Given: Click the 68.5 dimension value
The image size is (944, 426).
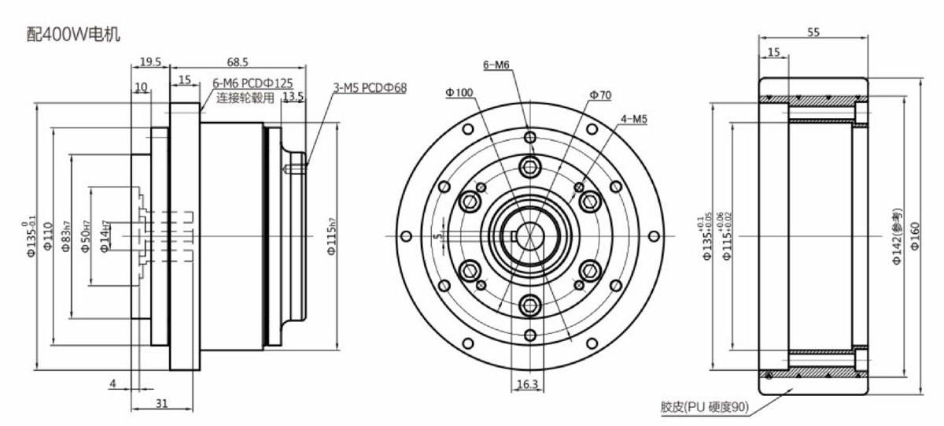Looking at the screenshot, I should point(236,61).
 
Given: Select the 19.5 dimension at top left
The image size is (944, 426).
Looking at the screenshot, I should point(150,61).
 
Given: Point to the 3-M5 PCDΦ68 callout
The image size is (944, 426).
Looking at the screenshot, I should point(370,88).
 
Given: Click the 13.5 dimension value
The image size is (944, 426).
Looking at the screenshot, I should point(293,97).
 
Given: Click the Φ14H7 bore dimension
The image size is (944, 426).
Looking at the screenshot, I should point(105,235).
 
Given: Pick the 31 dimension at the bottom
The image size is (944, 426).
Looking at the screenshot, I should point(161,402).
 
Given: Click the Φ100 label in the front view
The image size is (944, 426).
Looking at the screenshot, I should point(459,92).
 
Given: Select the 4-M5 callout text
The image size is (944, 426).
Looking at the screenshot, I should point(633,119).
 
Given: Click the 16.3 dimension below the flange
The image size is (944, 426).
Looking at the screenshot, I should point(527,384).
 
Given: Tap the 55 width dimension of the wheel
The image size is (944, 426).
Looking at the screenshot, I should point(814,32).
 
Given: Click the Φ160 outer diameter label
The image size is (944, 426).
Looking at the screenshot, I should point(916,235).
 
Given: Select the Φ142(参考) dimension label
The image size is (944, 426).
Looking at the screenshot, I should point(897,235).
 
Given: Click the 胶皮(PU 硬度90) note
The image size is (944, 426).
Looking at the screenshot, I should point(704,407).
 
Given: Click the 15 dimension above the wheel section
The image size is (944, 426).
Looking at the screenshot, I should point(773,52).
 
